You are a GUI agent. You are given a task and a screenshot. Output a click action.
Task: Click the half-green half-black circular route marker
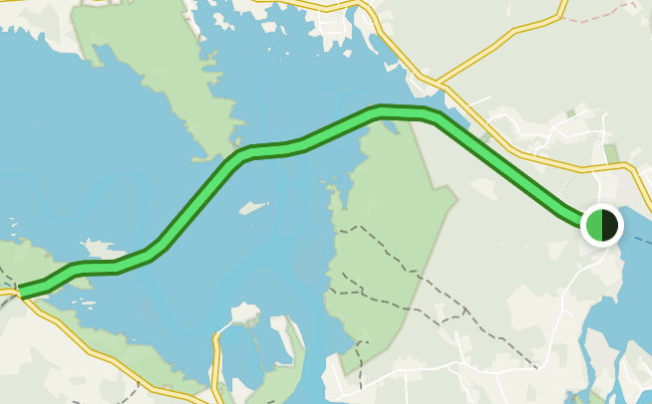(602, 225)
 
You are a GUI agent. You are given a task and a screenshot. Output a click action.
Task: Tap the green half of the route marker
(594, 225)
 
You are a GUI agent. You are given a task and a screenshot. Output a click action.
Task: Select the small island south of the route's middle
(253, 208)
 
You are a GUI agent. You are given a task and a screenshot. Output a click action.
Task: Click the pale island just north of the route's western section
(97, 247)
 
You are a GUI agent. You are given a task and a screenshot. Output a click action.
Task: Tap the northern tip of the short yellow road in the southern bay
(216, 336)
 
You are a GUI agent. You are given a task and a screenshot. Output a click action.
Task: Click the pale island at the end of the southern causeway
(244, 314)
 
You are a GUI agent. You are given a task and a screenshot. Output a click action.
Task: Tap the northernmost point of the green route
(384, 110)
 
